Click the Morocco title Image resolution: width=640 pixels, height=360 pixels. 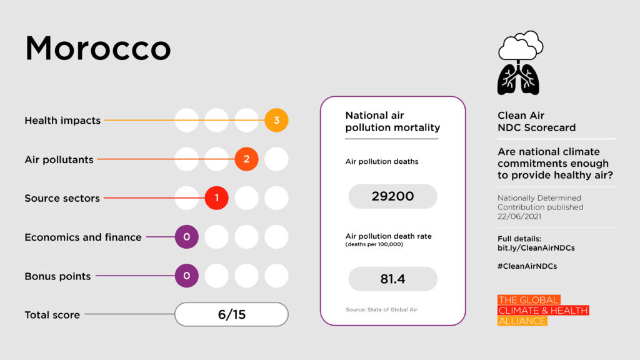[98, 49]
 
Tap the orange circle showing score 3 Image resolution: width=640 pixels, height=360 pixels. [276, 120]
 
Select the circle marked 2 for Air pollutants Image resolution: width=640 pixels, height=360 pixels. [246, 159]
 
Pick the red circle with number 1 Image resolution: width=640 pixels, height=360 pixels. [217, 198]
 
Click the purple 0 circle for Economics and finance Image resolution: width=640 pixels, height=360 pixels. [186, 237]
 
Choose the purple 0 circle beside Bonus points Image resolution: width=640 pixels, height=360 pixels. [186, 276]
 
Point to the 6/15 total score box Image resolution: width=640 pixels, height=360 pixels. [231, 314]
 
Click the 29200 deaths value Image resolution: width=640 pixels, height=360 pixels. [392, 196]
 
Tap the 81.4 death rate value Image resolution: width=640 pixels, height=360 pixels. [392, 279]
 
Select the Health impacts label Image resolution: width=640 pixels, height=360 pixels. [62, 121]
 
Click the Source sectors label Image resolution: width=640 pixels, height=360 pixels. [62, 198]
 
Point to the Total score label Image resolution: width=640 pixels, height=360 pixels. [52, 315]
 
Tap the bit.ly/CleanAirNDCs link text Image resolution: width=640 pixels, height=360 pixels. [536, 248]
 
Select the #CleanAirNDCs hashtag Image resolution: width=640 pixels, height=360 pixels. [527, 266]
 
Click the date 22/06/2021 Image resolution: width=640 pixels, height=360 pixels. [520, 216]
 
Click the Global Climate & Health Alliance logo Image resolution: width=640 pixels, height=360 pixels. [542, 311]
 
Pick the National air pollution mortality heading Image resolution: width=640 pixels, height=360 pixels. [392, 122]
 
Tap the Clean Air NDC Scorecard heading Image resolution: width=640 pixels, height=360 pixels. [536, 122]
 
